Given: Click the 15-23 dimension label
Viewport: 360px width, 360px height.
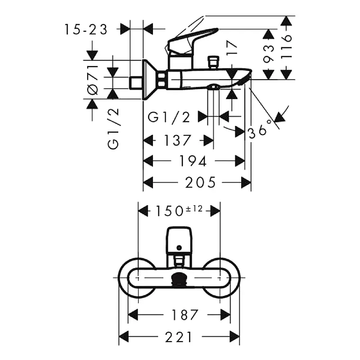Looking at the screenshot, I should pos(85,30).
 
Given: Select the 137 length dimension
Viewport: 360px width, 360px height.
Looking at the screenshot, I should pos(178,140).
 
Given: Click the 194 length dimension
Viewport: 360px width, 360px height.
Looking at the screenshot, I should pos(193,161).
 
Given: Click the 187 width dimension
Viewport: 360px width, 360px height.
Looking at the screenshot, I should pos(179,314).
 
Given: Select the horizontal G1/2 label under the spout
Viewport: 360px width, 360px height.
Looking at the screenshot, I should pos(169,117).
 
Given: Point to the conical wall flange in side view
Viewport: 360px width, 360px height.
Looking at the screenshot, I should pos(151,80).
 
